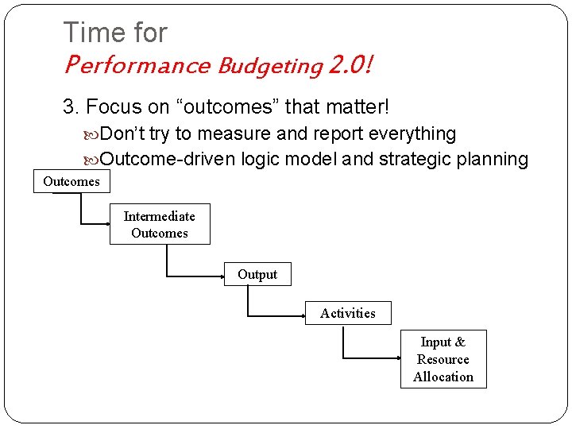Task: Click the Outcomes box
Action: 71,182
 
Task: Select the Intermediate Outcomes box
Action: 160,225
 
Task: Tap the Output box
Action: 257,275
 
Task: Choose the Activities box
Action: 348,313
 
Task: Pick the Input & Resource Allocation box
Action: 443,359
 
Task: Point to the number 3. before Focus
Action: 71,106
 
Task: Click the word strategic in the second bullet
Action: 417,159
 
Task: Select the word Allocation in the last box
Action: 443,377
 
